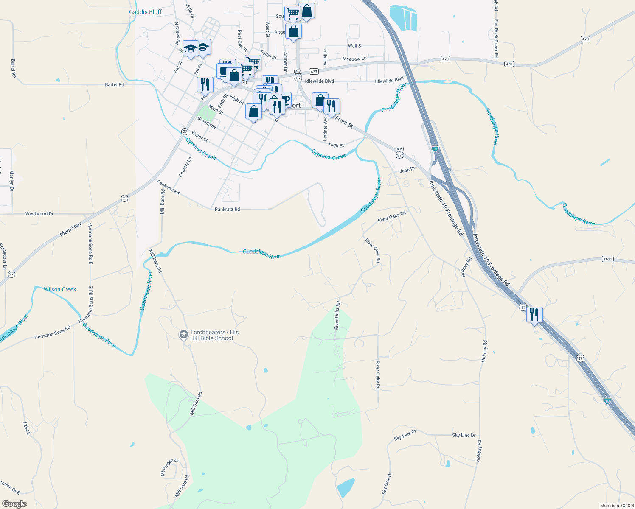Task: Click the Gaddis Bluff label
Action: pos(145,12)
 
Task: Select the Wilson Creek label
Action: pos(60,289)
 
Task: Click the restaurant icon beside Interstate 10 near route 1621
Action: pos(534,314)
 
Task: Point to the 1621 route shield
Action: pos(608,259)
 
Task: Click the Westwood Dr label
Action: pos(39,214)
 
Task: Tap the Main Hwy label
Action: pos(71,229)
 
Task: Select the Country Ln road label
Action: pos(185,167)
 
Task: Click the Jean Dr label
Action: pos(407,170)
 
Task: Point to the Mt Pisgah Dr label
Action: pos(169,467)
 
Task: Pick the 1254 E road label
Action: pos(27,428)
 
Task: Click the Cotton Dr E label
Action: pos(9,488)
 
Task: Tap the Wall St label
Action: pos(355,46)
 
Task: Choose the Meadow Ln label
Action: pos(354,59)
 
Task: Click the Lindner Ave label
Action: pos(325,129)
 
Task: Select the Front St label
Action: pos(344,122)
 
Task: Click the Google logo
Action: pos(14,504)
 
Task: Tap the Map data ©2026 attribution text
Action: pos(616,506)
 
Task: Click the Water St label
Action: pos(199,137)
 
